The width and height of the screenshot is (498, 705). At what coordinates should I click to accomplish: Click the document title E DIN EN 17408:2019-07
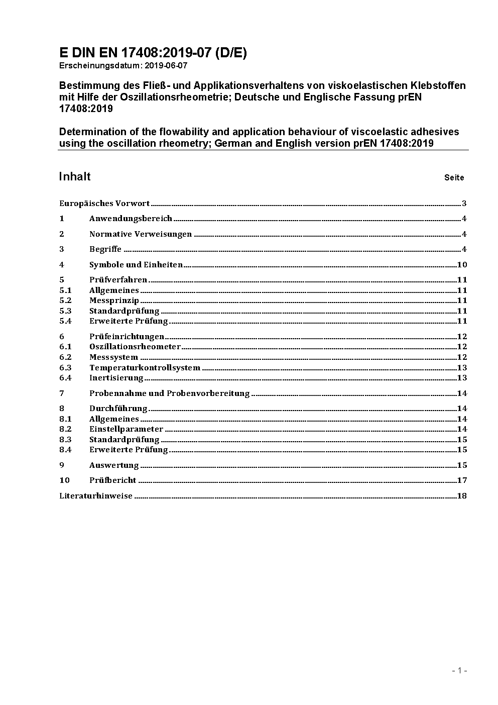tap(153, 53)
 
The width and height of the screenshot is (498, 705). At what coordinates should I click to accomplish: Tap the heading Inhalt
tap(75, 176)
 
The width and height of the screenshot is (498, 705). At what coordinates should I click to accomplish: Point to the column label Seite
tap(454, 177)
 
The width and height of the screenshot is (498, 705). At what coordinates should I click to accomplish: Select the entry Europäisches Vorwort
tap(104, 204)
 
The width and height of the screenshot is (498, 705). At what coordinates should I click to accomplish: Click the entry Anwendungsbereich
tap(131, 219)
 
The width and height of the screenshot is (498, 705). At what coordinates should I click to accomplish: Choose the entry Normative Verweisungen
tap(141, 234)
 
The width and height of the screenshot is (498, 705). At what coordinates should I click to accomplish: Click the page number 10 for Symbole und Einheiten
tap(462, 265)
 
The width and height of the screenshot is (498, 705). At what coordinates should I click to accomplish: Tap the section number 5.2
tap(65, 300)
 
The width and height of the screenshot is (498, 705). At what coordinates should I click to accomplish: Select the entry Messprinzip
tap(114, 300)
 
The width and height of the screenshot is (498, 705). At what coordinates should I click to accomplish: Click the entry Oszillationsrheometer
tap(135, 347)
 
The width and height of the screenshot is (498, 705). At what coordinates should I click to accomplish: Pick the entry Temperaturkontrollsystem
tap(145, 368)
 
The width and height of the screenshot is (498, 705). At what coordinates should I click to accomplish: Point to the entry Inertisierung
tap(116, 378)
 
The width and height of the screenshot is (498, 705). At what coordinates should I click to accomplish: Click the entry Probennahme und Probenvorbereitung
tap(169, 393)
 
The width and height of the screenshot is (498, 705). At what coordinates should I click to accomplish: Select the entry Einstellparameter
tap(126, 429)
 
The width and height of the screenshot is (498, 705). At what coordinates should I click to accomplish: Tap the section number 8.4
tap(65, 450)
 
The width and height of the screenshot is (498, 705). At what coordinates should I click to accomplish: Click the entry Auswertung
tap(114, 465)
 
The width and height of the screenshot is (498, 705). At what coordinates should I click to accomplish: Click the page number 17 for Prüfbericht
tap(462, 480)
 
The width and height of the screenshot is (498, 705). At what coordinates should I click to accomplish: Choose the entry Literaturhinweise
tap(96, 496)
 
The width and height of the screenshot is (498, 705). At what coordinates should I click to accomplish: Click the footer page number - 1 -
tap(459, 670)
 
